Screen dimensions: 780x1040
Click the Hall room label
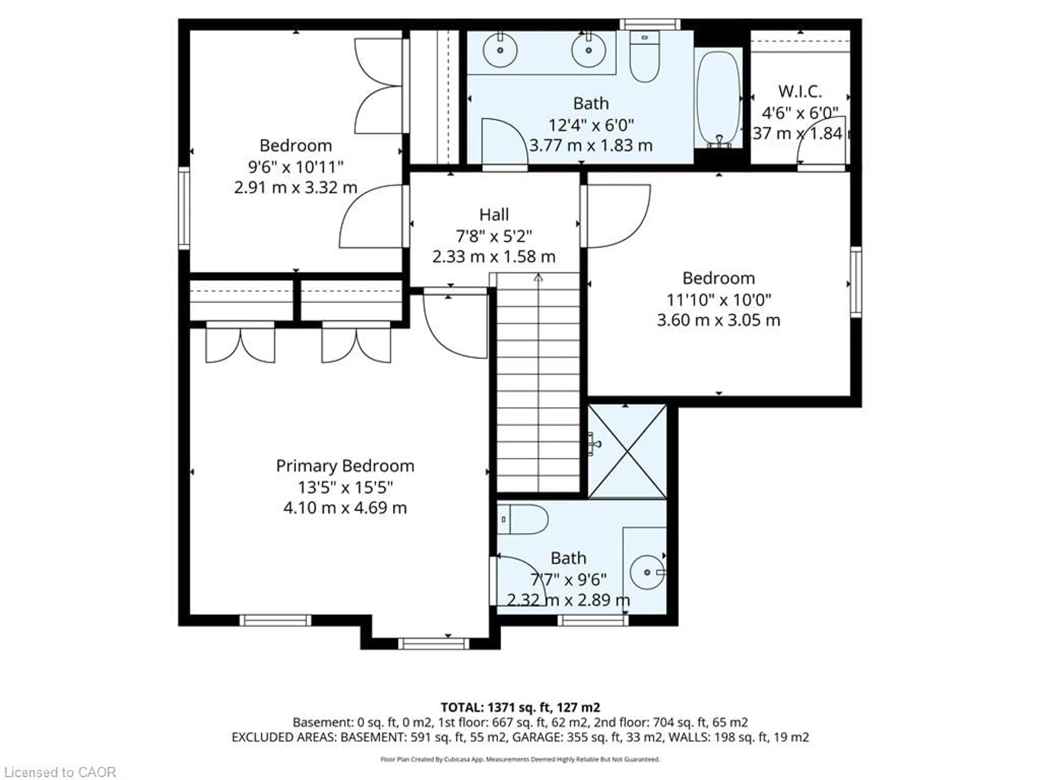494,215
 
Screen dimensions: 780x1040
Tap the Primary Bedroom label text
345,466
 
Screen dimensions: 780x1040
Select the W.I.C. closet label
800,92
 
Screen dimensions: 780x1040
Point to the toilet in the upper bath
645,59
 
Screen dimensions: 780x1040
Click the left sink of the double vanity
500,50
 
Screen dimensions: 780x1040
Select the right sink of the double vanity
588,50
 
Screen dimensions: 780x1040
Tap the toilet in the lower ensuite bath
526,519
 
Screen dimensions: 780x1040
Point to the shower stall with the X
627,451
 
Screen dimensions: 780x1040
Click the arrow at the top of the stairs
538,278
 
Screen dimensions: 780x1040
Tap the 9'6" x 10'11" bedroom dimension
296,167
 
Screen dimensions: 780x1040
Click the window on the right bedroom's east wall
856,282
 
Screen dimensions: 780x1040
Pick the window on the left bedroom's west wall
184,207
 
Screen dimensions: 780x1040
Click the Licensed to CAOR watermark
59,772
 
